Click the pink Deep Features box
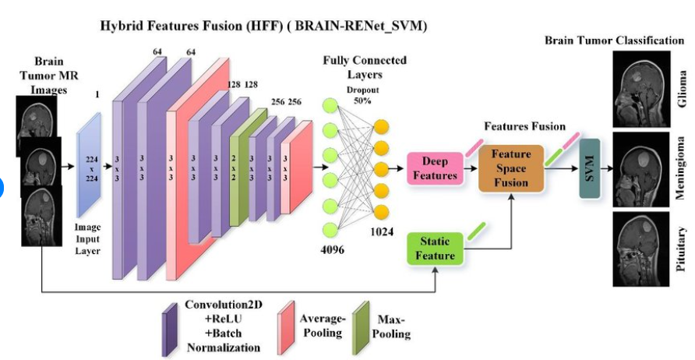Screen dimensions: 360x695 coord(435,168)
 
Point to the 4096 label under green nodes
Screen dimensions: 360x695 coord(332,250)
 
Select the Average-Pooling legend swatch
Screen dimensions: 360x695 coord(285,320)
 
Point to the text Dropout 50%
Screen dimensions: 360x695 coord(358,95)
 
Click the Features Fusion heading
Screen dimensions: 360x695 coord(524,125)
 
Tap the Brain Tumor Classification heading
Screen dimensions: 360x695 coord(614,40)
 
